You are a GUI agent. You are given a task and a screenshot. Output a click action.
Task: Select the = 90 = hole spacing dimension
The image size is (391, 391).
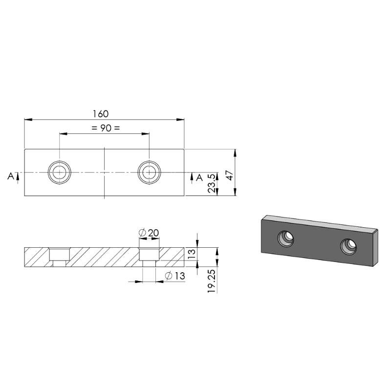pyautogui.click(x=105, y=128)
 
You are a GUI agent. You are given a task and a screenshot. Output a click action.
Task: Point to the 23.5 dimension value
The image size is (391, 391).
pyautogui.click(x=212, y=184)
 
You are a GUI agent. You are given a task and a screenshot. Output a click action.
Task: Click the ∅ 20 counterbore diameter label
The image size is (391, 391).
pyautogui.click(x=149, y=233)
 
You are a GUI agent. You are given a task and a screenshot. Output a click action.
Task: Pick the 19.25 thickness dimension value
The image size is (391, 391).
pyautogui.click(x=212, y=280)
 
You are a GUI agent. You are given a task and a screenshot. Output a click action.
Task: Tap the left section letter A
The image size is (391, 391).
pyautogui.click(x=10, y=176)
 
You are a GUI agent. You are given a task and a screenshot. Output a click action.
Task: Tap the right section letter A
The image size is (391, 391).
pyautogui.click(x=199, y=178)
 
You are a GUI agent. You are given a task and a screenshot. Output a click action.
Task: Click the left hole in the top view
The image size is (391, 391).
pyautogui.click(x=60, y=173)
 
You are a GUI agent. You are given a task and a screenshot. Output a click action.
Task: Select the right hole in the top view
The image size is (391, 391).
pyautogui.click(x=149, y=173)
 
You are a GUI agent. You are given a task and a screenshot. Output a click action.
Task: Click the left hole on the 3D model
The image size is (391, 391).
pyautogui.click(x=285, y=239)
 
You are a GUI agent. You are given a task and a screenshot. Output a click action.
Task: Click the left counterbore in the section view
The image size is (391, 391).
pyautogui.click(x=60, y=255)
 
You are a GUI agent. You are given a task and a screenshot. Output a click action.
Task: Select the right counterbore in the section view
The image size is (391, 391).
pyautogui.click(x=149, y=255)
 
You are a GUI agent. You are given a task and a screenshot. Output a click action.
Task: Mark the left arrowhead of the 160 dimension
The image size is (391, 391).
pyautogui.click(x=27, y=119)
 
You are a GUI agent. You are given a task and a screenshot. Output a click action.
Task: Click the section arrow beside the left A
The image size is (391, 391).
pyautogui.click(x=18, y=176)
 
